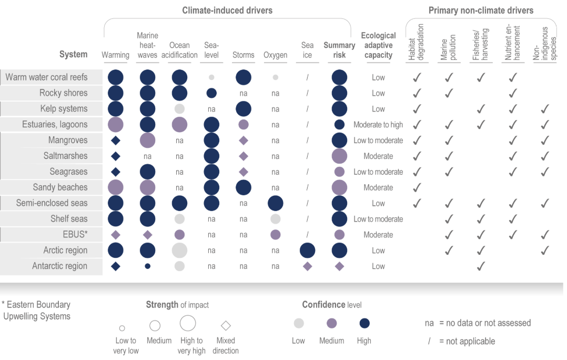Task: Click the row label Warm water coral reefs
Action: tap(47, 77)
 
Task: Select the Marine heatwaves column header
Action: tap(147, 45)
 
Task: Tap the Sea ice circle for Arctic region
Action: tap(307, 251)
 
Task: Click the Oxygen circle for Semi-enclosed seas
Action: tap(276, 203)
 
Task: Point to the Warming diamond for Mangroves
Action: tap(116, 141)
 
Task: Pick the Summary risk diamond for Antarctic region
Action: tap(339, 266)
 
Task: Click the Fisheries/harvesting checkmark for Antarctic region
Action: tap(480, 266)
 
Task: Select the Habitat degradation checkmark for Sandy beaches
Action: tap(417, 187)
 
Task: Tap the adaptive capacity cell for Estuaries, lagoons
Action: tap(378, 125)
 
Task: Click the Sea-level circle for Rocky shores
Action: tap(211, 93)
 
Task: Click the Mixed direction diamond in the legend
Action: tap(226, 325)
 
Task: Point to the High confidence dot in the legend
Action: tap(364, 323)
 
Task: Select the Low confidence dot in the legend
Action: tap(298, 323)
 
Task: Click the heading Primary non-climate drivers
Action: tap(481, 11)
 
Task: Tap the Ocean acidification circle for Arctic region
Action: tap(179, 251)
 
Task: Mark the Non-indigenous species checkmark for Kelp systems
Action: tap(545, 109)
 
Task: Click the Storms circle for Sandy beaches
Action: tap(243, 187)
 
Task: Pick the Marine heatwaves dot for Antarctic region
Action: tap(147, 266)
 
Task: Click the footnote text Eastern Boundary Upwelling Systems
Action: tap(37, 311)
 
